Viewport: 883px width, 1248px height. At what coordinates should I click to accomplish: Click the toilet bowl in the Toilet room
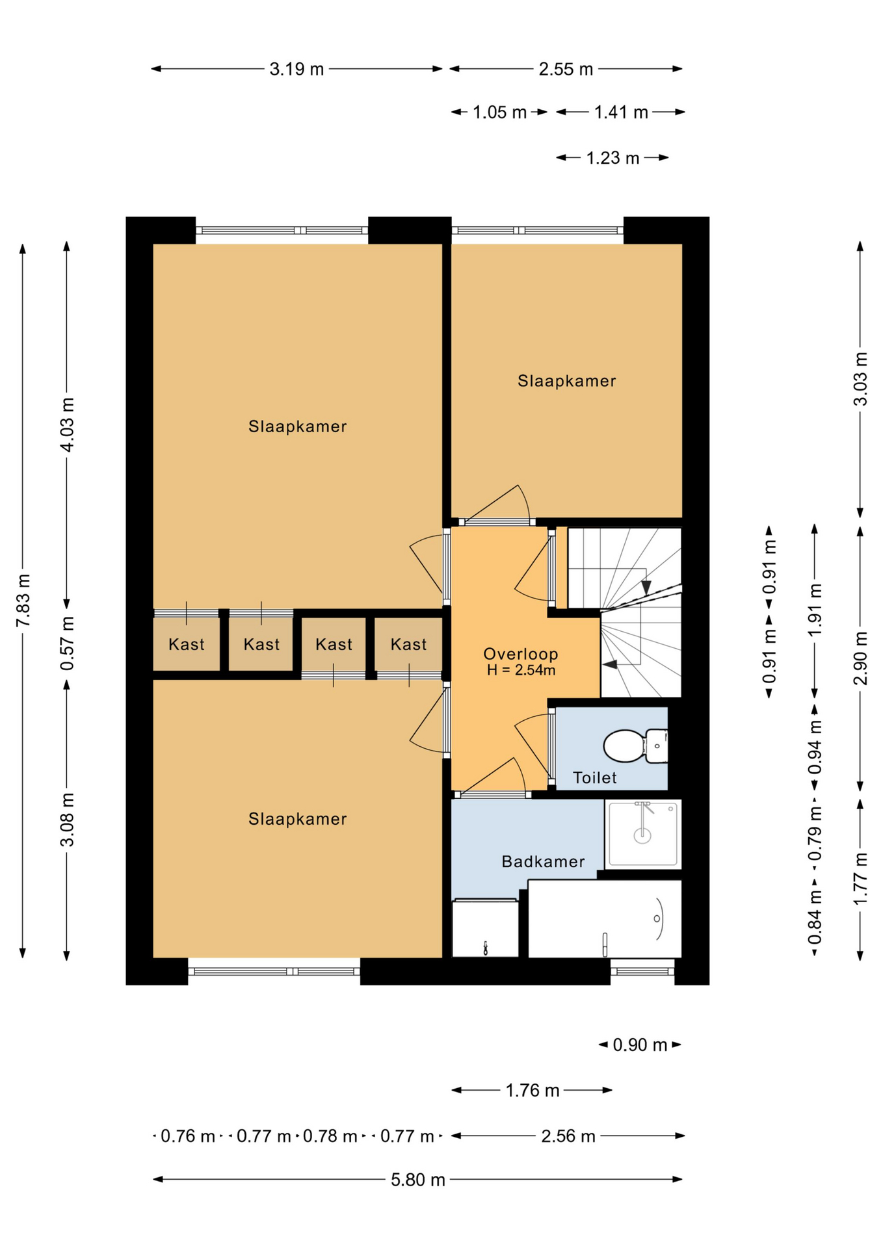(x=624, y=746)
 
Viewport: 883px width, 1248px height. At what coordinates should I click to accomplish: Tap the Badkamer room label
(x=543, y=861)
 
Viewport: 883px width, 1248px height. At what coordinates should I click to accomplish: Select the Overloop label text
(x=520, y=654)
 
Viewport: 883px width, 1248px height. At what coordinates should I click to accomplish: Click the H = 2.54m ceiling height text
(x=521, y=670)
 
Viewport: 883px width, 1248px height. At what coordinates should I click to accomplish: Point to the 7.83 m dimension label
(x=23, y=600)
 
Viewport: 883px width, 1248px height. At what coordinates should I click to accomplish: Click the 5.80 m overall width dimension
(x=417, y=1179)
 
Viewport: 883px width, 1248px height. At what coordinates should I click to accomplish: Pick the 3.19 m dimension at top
(x=297, y=69)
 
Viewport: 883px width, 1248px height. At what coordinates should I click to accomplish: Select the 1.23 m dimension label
(x=613, y=158)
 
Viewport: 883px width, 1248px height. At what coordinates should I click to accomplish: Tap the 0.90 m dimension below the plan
(x=640, y=1045)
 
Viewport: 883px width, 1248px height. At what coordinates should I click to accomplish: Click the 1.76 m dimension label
(x=532, y=1090)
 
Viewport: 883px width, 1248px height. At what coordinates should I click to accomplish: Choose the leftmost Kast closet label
(x=187, y=644)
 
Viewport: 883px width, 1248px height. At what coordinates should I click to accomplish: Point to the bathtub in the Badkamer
(x=604, y=918)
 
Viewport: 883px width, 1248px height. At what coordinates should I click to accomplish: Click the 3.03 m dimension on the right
(x=860, y=379)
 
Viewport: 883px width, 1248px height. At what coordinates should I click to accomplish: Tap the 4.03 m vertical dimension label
(x=67, y=424)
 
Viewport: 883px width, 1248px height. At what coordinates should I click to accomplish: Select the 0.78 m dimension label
(x=330, y=1136)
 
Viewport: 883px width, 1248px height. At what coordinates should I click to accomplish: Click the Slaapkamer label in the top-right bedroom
(x=566, y=381)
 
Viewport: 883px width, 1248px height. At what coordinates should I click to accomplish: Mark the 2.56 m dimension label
(x=568, y=1136)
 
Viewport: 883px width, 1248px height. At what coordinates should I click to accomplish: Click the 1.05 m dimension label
(x=499, y=112)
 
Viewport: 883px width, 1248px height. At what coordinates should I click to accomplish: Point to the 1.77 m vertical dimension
(x=860, y=879)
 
